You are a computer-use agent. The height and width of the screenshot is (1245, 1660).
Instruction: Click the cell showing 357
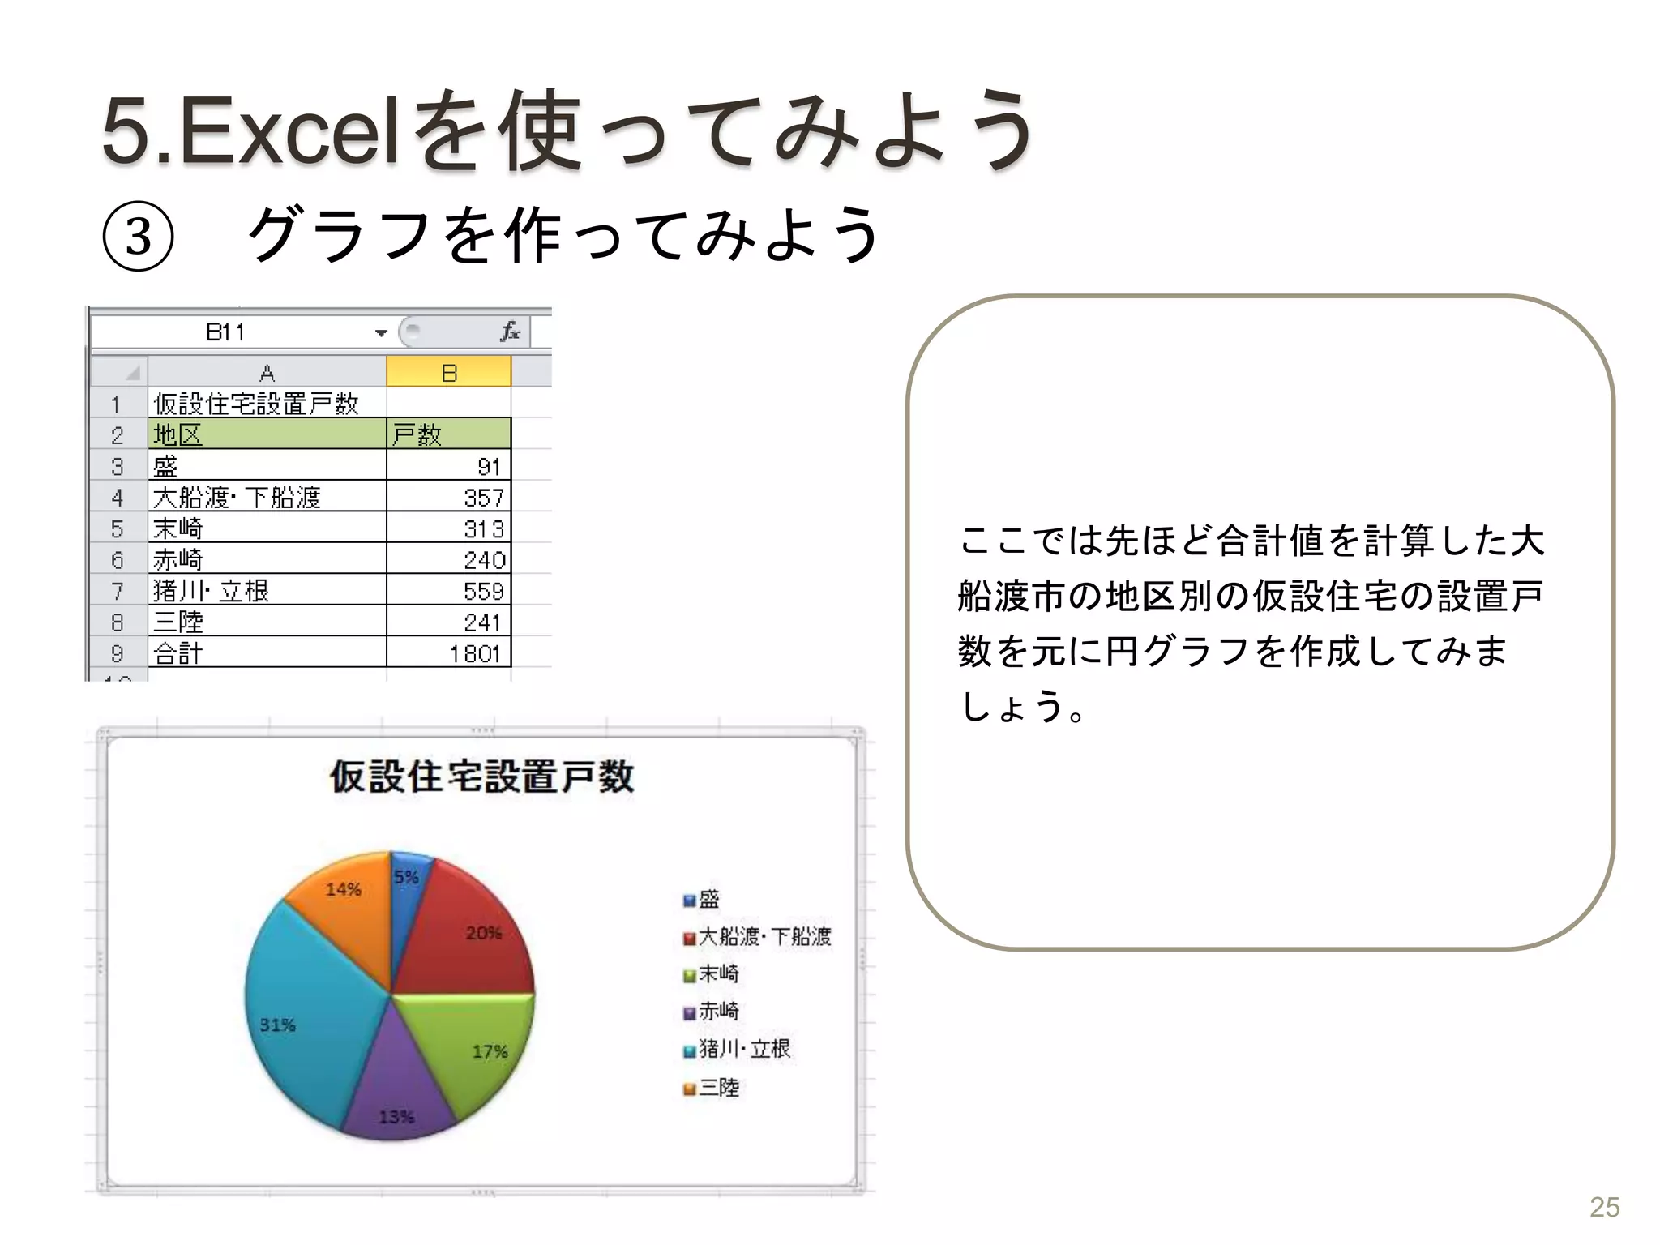pos(450,497)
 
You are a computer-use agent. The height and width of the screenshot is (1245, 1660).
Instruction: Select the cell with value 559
pos(450,590)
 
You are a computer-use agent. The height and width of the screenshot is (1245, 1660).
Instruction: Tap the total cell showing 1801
pos(450,652)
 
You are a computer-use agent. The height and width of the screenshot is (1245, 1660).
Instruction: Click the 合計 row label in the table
pos(267,652)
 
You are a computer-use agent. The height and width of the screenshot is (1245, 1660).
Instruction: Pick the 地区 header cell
pos(267,434)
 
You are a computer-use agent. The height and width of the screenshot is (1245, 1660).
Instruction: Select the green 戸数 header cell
pos(448,434)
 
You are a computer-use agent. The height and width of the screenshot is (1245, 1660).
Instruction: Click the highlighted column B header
pos(449,373)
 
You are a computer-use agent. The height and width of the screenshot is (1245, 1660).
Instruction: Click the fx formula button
pos(510,332)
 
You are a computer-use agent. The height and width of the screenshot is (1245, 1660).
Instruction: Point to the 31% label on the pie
pos(277,1025)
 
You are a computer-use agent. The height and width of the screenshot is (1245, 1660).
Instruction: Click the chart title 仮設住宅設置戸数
pos(481,777)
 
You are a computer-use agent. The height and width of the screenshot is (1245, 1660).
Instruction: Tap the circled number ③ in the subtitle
pos(139,237)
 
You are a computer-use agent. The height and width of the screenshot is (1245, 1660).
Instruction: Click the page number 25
pos(1604,1207)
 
